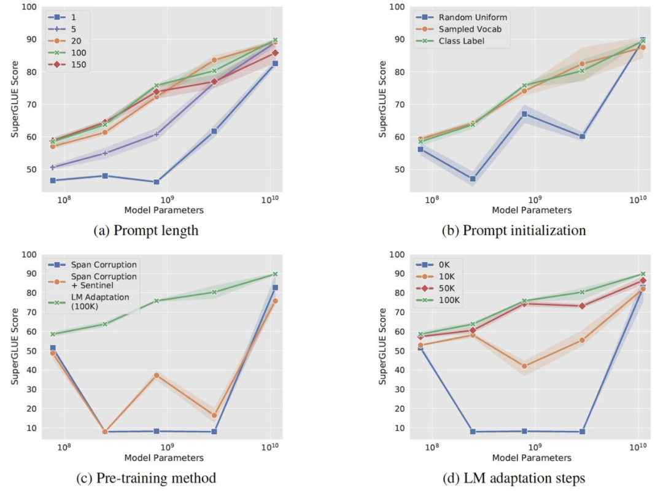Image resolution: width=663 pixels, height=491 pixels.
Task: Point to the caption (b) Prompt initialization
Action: (x=513, y=231)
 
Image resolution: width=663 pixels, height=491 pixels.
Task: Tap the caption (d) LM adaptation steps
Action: (x=513, y=477)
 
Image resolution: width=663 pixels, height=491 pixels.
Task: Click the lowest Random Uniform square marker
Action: (x=473, y=179)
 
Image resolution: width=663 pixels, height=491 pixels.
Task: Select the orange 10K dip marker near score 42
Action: (x=524, y=366)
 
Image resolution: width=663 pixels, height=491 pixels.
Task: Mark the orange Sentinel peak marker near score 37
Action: (x=157, y=375)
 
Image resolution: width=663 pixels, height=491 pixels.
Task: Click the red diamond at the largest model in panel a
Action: (x=275, y=53)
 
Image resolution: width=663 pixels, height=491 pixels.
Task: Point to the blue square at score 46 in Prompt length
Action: (x=157, y=182)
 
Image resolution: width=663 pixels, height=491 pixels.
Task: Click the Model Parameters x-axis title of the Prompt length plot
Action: (x=164, y=210)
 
